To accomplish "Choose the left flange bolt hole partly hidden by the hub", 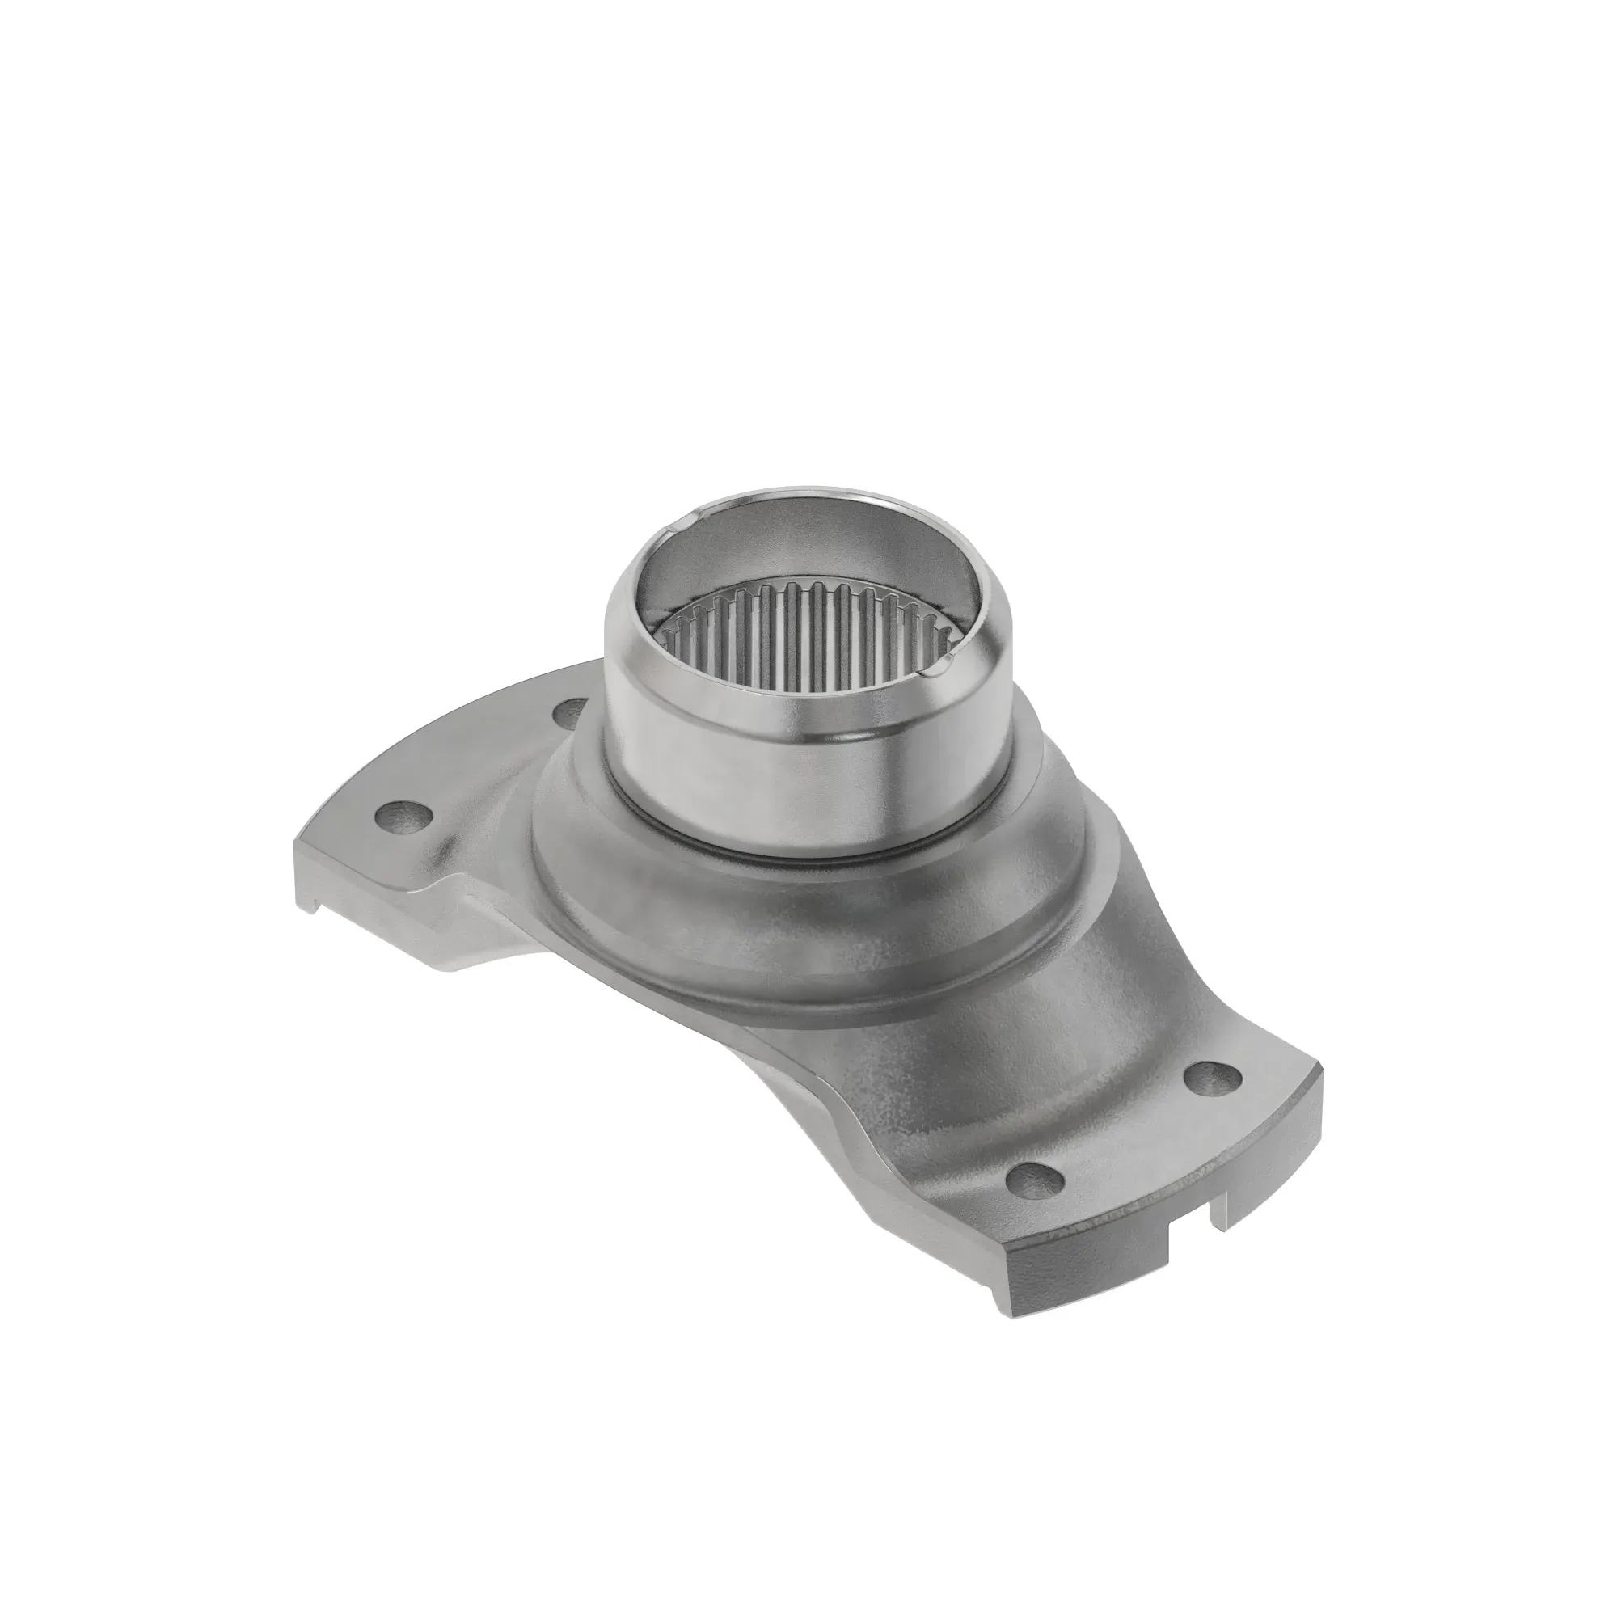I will point(572,712).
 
